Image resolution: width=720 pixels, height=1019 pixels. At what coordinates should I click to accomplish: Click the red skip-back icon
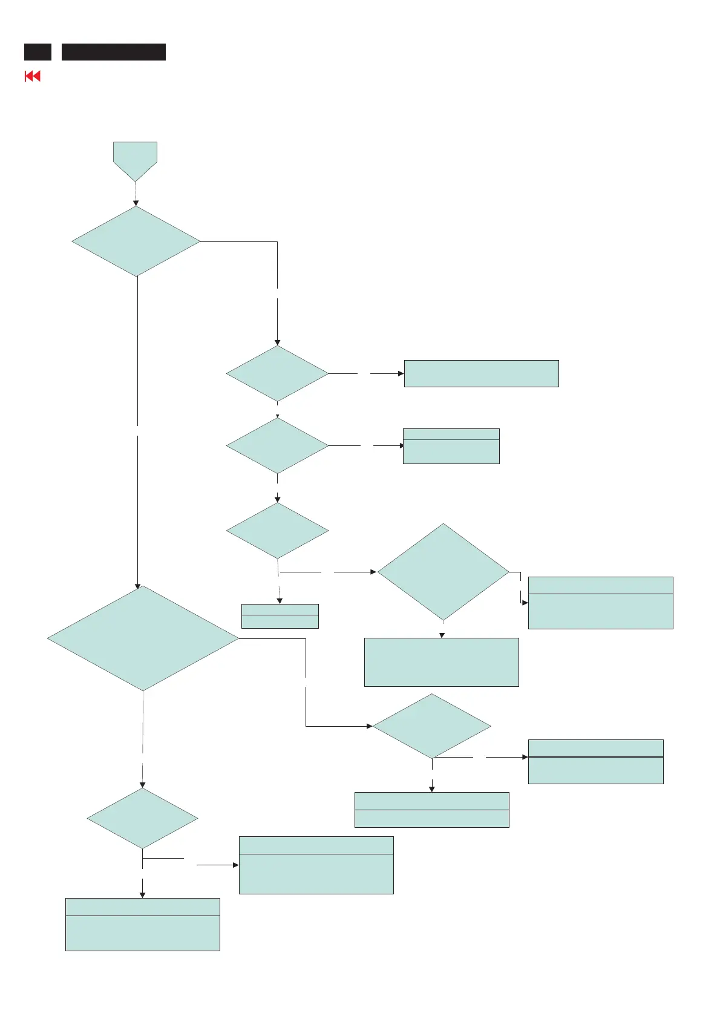(x=32, y=76)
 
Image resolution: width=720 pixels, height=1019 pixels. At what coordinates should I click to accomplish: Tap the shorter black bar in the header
(x=38, y=52)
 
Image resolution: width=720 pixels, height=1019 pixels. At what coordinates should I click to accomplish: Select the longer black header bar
(x=114, y=52)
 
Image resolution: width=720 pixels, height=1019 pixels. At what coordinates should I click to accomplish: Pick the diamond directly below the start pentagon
(x=136, y=241)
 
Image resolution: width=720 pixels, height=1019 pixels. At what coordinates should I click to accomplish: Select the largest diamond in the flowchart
(x=143, y=638)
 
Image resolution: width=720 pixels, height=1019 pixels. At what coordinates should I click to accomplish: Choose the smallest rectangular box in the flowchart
(x=280, y=616)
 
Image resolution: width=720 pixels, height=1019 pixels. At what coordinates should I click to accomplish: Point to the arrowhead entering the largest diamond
(x=137, y=586)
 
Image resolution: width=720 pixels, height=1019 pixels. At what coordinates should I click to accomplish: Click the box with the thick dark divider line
(x=595, y=761)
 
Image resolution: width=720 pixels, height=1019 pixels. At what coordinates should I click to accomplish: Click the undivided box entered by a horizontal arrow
(x=481, y=373)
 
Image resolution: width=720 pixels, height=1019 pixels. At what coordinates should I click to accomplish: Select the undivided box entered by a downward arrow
(x=441, y=662)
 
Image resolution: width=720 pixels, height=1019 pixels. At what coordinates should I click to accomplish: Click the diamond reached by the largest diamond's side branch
(x=431, y=726)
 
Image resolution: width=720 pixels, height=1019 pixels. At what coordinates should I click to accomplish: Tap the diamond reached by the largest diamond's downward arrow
(x=142, y=819)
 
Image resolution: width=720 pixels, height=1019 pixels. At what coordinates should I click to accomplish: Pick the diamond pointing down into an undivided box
(x=443, y=572)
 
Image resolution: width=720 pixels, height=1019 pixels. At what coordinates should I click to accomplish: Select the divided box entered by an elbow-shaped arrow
(x=600, y=603)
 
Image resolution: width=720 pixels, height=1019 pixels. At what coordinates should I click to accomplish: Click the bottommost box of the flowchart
(x=142, y=924)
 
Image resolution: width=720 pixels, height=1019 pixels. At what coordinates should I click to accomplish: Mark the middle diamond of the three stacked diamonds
(x=277, y=446)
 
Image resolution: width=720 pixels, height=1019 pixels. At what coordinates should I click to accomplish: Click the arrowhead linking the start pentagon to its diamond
(x=136, y=203)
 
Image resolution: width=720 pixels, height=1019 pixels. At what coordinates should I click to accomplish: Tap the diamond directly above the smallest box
(x=277, y=531)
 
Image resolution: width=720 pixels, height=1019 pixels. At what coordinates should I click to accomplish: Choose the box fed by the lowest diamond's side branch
(x=316, y=865)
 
